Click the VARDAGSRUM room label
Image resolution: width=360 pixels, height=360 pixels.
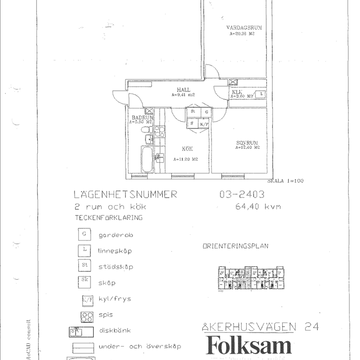244,28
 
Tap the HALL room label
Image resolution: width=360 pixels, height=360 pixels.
183,90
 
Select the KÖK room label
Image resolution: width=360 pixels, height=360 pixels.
187,149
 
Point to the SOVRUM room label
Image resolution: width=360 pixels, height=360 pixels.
247,142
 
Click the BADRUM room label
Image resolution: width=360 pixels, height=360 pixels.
141,118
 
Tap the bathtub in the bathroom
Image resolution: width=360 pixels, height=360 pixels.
147,159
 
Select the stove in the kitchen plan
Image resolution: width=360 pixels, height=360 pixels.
159,132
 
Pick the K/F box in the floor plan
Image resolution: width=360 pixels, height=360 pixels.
204,124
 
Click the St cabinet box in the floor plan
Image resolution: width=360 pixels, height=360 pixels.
192,112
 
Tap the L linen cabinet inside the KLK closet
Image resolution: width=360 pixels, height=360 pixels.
261,94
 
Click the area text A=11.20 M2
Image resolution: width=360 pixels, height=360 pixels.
185,159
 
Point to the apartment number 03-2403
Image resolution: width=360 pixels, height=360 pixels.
242,194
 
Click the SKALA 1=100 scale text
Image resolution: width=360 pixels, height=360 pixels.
285,181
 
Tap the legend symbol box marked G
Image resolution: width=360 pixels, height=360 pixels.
84,235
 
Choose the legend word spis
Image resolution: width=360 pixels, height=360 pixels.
106,315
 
